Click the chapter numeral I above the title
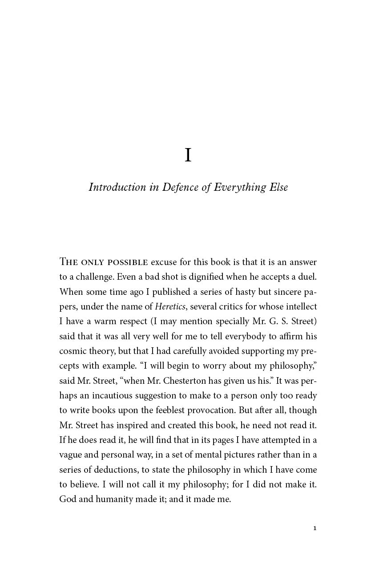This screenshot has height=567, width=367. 188,155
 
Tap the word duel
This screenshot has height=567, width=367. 308,277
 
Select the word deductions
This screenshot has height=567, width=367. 106,470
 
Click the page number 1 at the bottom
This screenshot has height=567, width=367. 315,528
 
